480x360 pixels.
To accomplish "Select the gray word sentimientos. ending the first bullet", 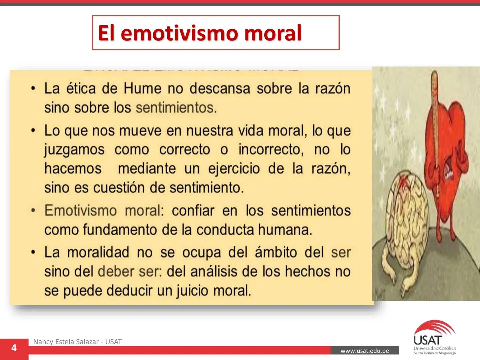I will (176, 108).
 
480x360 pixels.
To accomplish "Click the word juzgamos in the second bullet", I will (74, 150).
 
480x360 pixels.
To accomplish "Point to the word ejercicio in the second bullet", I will (234, 169).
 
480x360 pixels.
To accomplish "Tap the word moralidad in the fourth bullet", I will (98, 252).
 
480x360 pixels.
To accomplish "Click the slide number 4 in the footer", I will (14, 348).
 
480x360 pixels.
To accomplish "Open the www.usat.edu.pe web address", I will (364, 351).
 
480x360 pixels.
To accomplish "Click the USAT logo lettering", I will (428, 340).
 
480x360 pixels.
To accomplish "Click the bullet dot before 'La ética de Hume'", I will (33, 89).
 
